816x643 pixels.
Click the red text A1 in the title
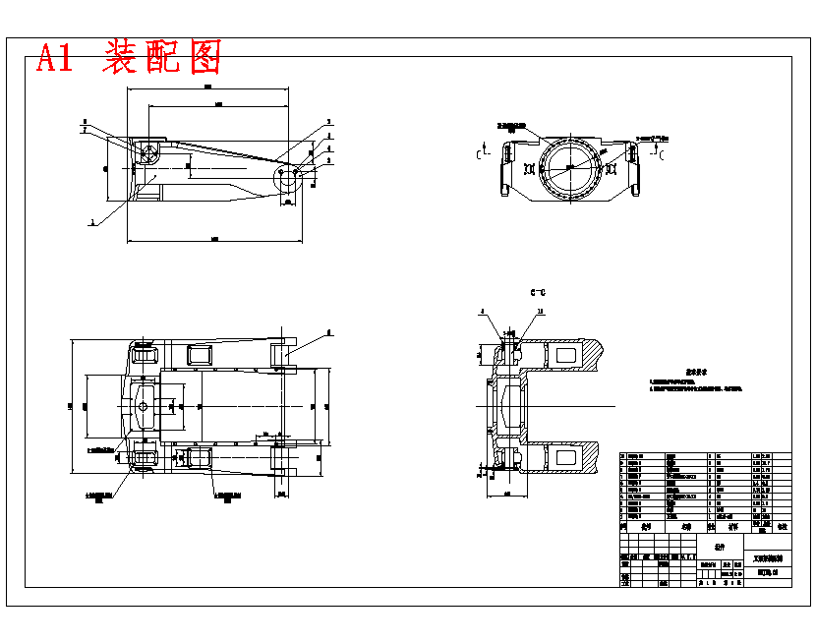tap(55, 59)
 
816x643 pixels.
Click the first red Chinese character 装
tap(120, 59)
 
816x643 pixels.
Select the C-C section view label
tap(537, 292)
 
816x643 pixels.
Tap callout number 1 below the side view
tap(92, 223)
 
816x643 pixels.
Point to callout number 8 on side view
tap(85, 121)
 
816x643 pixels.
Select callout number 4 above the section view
tap(483, 312)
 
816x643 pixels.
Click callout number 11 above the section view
tap(540, 312)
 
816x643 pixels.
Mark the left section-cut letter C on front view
tap(479, 154)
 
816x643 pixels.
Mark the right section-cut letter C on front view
tap(661, 154)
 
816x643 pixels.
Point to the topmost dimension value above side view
tap(207, 88)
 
